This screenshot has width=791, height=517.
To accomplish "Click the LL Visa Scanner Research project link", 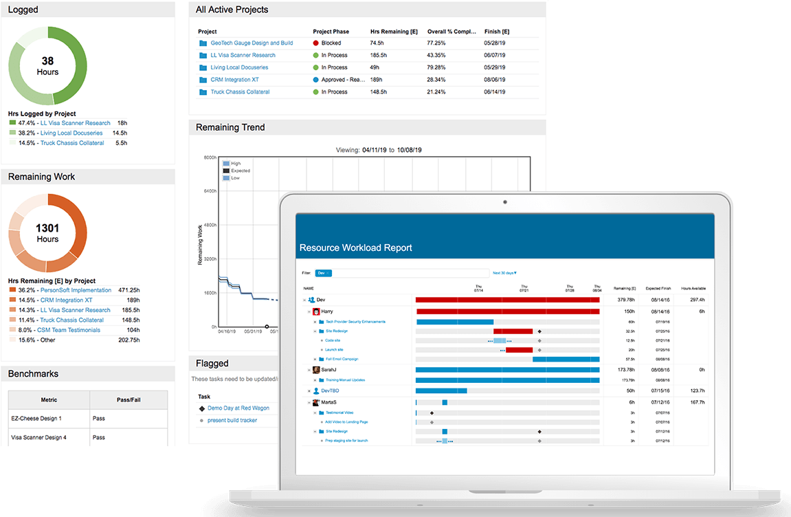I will [x=243, y=55].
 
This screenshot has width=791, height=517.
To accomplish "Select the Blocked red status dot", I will [x=316, y=43].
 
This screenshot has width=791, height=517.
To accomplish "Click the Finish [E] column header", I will [x=496, y=32].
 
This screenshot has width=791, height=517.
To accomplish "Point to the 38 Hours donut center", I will [x=47, y=66].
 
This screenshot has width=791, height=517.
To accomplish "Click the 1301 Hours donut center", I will [x=47, y=233].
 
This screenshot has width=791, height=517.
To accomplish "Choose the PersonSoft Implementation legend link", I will [x=76, y=290].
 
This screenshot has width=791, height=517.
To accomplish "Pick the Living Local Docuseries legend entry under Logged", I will [x=71, y=133].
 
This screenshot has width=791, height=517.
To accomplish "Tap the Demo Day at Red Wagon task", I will [x=238, y=408].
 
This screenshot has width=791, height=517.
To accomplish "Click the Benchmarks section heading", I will [x=33, y=374].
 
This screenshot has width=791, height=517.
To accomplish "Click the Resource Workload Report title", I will [x=355, y=247].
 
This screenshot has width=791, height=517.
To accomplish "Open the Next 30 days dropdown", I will [x=504, y=273].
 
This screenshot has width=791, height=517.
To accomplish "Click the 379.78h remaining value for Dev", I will [x=625, y=300].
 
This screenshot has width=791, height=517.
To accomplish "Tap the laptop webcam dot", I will [x=504, y=202].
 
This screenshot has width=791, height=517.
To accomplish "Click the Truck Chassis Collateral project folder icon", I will [x=203, y=92].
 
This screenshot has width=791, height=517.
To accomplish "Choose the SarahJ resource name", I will [x=328, y=370].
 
